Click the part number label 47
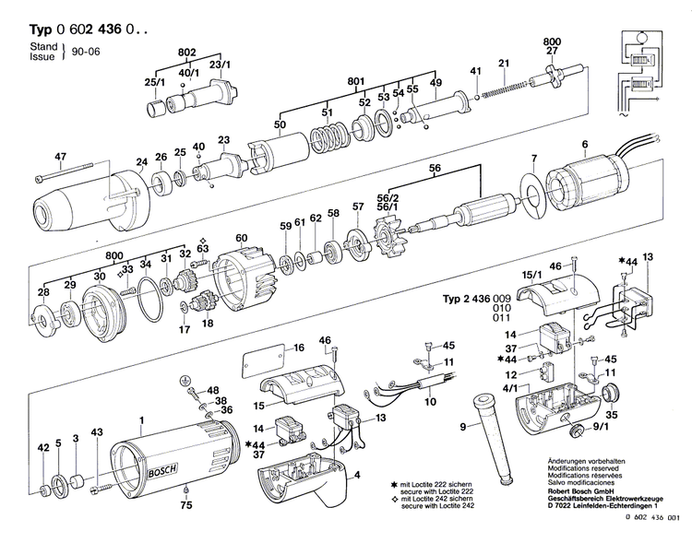point(62,157)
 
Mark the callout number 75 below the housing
point(186,505)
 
